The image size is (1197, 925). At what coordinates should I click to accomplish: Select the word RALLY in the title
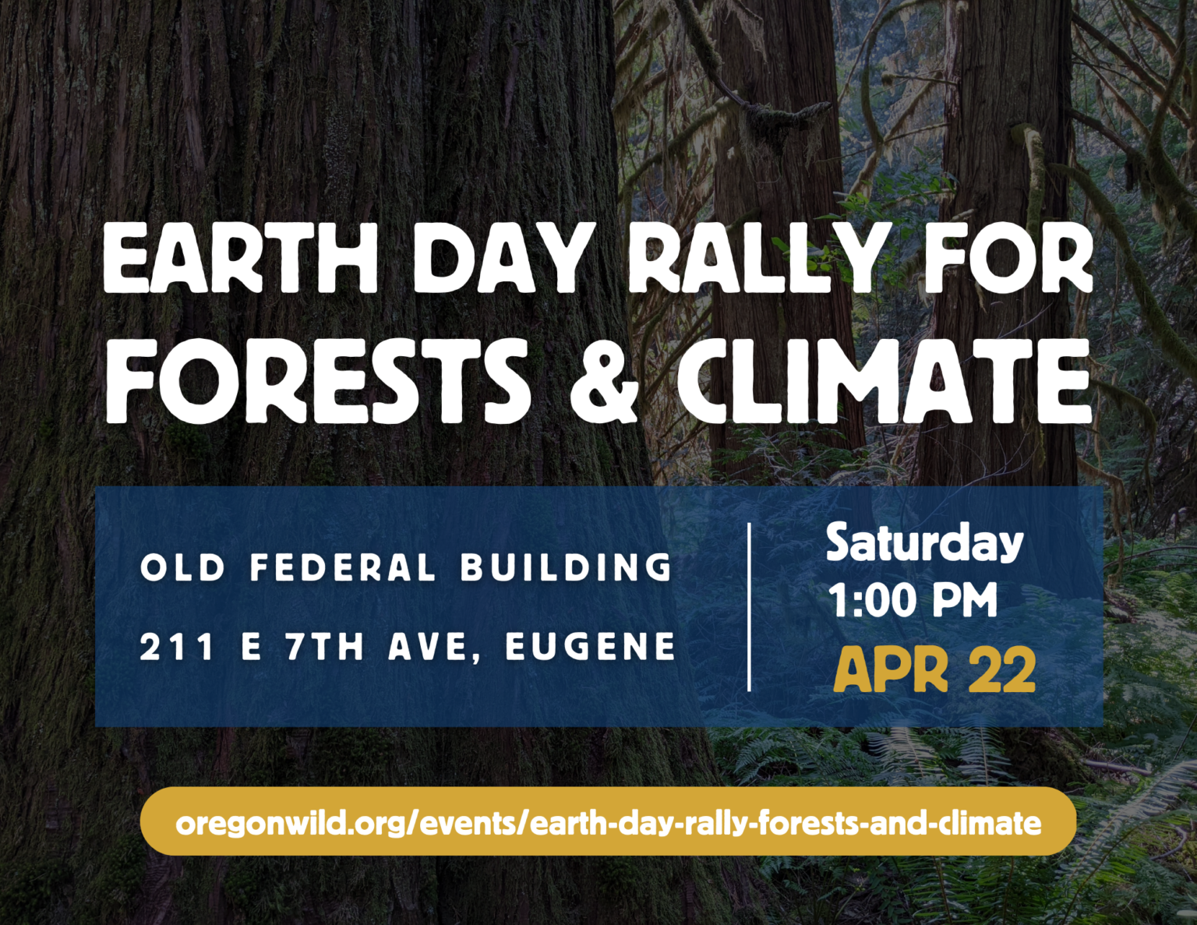(x=761, y=258)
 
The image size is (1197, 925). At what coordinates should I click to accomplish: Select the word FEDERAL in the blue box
(x=343, y=567)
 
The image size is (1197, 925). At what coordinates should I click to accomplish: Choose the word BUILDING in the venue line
(x=567, y=567)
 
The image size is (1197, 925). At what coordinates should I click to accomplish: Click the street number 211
(x=177, y=646)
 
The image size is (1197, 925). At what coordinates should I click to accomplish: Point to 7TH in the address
(x=324, y=646)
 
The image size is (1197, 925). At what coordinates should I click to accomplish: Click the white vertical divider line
(x=749, y=607)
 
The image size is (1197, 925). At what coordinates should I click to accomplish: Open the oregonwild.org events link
(x=609, y=823)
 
